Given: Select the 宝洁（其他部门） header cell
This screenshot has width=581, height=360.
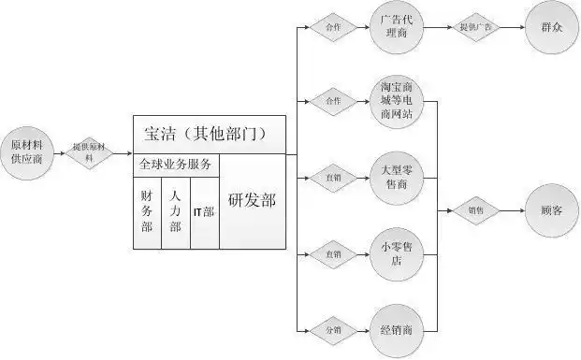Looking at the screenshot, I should pyautogui.click(x=208, y=135).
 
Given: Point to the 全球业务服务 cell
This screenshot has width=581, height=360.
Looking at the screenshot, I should pyautogui.click(x=176, y=165).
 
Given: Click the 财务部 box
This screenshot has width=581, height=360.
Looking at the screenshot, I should pyautogui.click(x=147, y=212).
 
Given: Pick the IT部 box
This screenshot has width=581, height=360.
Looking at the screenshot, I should pyautogui.click(x=204, y=212).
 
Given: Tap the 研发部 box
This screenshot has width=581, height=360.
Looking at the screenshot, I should pyautogui.click(x=252, y=201).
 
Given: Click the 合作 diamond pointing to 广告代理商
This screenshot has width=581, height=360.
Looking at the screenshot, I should pyautogui.click(x=333, y=28).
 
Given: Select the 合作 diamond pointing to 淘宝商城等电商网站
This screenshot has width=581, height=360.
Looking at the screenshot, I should pyautogui.click(x=333, y=101).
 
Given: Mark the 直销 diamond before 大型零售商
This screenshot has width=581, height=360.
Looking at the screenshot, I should pyautogui.click(x=333, y=175).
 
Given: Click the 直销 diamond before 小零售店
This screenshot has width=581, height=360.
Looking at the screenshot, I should pyautogui.click(x=333, y=252).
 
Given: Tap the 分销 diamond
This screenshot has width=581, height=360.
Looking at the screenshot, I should pyautogui.click(x=333, y=328).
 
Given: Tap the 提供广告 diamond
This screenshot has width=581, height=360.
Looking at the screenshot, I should pyautogui.click(x=476, y=28).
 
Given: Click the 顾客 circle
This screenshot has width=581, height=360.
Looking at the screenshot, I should pyautogui.click(x=550, y=211).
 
